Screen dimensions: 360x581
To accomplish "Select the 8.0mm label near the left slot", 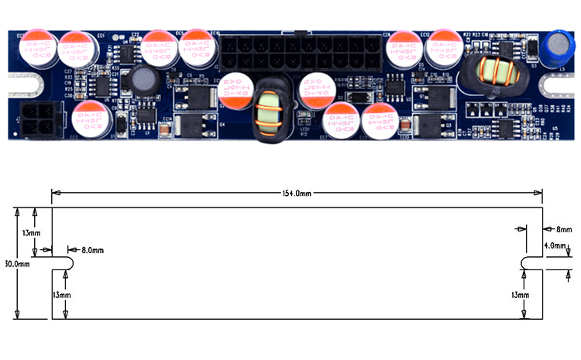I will click(92, 250).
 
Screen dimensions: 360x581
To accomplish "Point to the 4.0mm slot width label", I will click(556, 245).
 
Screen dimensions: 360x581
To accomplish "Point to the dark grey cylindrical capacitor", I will click(143, 81).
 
